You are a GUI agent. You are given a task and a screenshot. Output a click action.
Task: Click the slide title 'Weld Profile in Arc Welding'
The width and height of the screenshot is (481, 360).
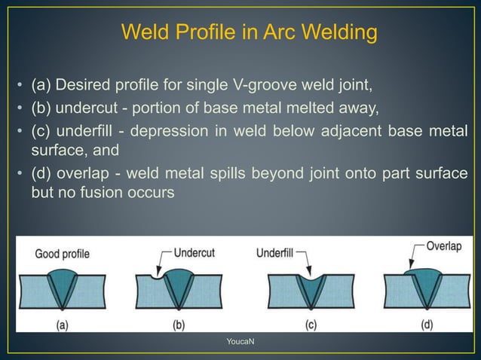click(x=249, y=34)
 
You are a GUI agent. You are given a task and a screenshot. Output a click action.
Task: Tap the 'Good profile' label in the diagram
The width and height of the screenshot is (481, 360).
click(x=62, y=254)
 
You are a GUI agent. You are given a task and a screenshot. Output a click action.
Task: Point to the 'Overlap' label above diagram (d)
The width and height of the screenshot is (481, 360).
click(x=443, y=246)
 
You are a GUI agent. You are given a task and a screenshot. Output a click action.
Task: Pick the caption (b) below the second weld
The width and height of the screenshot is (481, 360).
click(x=178, y=325)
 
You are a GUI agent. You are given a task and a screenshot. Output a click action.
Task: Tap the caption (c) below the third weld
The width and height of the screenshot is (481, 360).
click(x=310, y=325)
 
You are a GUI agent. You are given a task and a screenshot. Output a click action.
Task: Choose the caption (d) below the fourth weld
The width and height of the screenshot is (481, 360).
click(x=426, y=325)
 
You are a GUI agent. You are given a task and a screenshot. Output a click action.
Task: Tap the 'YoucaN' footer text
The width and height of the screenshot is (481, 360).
click(x=240, y=343)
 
